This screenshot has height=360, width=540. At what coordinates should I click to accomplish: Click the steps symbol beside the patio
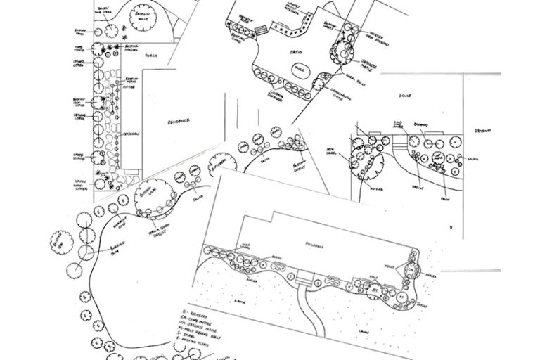point(262,30)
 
